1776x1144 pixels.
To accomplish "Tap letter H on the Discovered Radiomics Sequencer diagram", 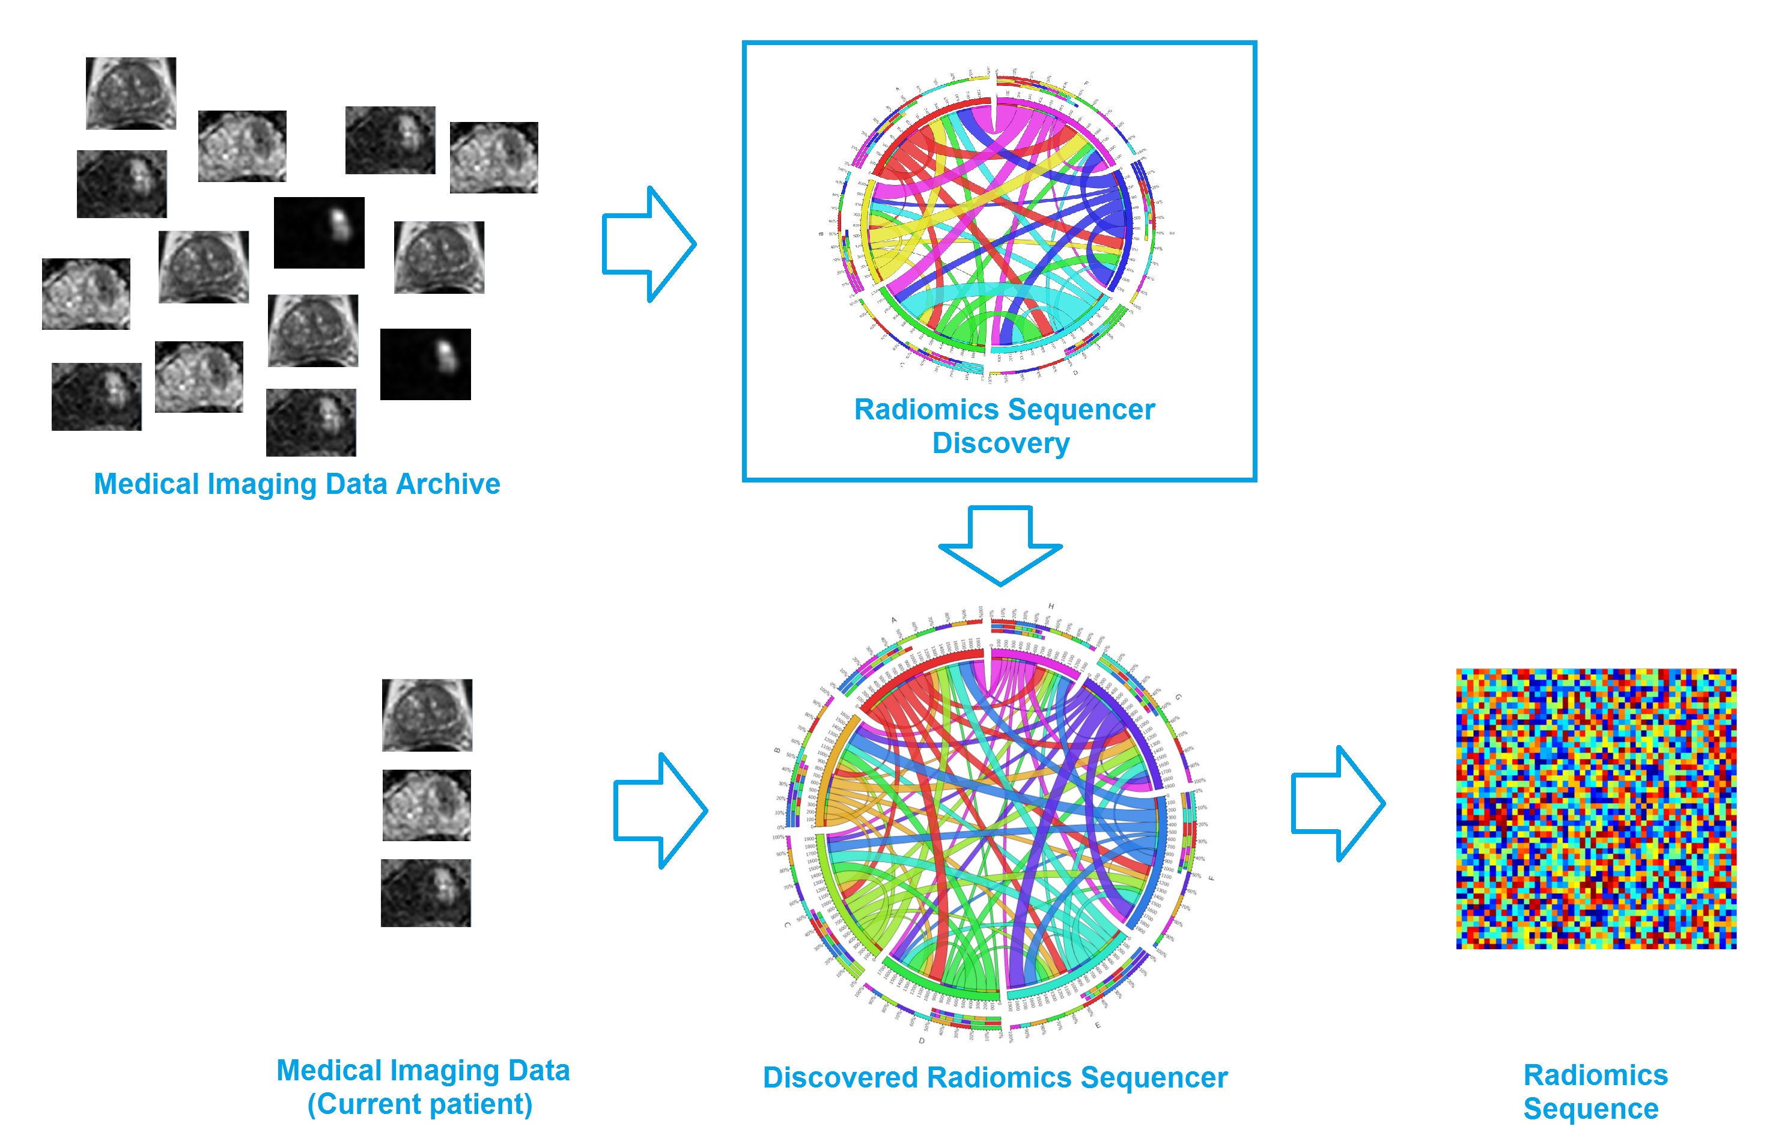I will coord(1050,606).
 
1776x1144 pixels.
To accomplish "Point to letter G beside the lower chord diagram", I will coord(1178,697).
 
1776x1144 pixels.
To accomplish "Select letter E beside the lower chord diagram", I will coord(1098,1025).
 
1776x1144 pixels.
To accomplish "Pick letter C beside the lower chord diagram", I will coord(786,925).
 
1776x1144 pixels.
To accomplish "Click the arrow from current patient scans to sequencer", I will coord(660,811).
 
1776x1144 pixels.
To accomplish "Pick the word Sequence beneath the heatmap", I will coord(1590,1109).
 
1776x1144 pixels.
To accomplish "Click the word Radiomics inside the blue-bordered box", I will coord(925,409).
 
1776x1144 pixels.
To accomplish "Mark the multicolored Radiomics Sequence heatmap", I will coord(1596,808).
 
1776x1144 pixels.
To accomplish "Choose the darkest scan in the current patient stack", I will coord(425,893).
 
